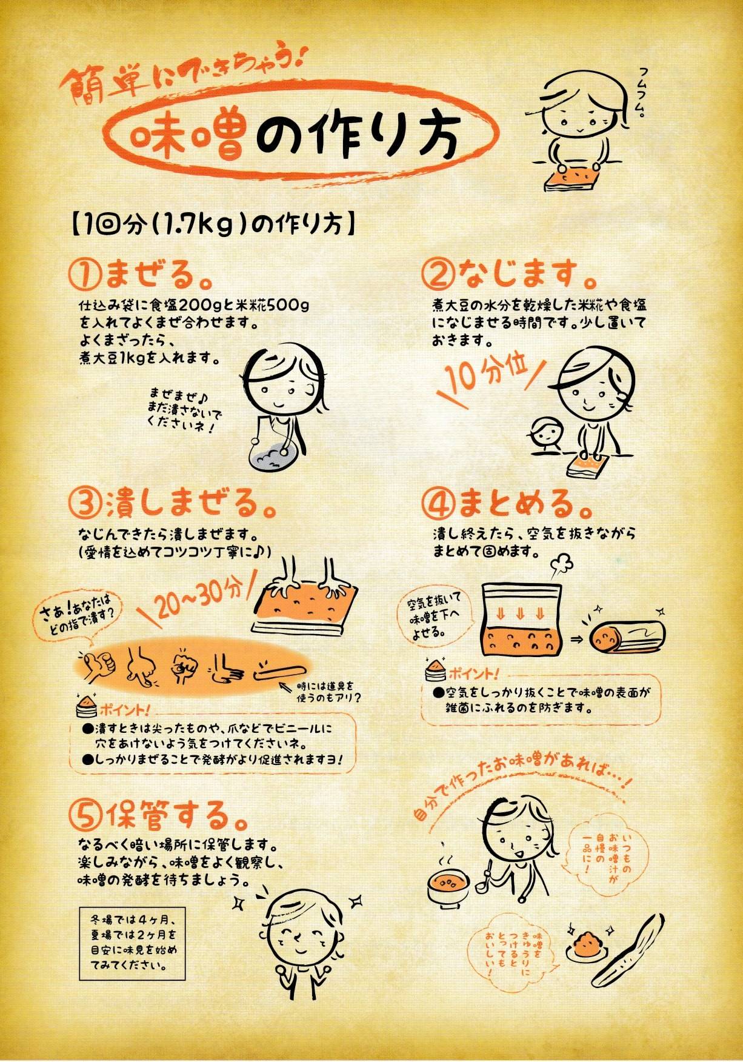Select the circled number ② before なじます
click(x=438, y=275)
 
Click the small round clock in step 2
click(x=547, y=433)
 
